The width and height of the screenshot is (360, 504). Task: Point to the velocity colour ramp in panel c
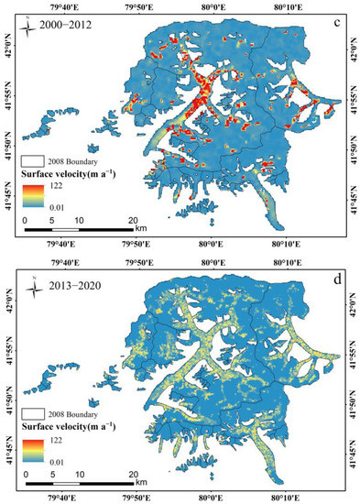31,194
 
